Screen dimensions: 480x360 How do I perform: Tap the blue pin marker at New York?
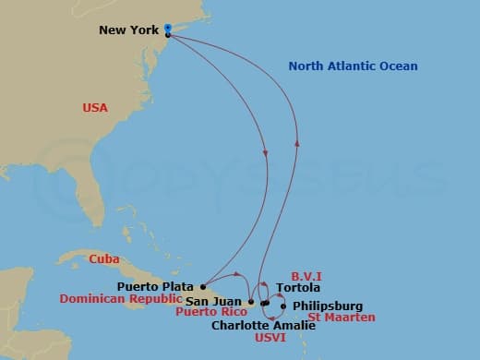(167, 28)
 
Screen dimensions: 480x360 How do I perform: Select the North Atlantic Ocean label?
(353, 66)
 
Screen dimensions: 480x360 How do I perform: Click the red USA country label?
(95, 108)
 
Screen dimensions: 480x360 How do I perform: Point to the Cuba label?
(103, 258)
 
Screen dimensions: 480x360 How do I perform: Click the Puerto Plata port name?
(159, 286)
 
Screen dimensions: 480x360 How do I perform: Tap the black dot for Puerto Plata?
(203, 286)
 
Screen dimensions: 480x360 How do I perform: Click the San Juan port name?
(216, 301)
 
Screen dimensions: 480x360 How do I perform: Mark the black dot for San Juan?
(251, 302)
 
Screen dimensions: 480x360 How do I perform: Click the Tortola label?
(290, 288)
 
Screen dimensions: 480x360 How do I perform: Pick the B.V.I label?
(306, 275)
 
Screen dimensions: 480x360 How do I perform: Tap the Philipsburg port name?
(328, 306)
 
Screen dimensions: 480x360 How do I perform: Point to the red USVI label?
(270, 338)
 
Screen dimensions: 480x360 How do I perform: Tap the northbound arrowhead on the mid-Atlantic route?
(297, 141)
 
